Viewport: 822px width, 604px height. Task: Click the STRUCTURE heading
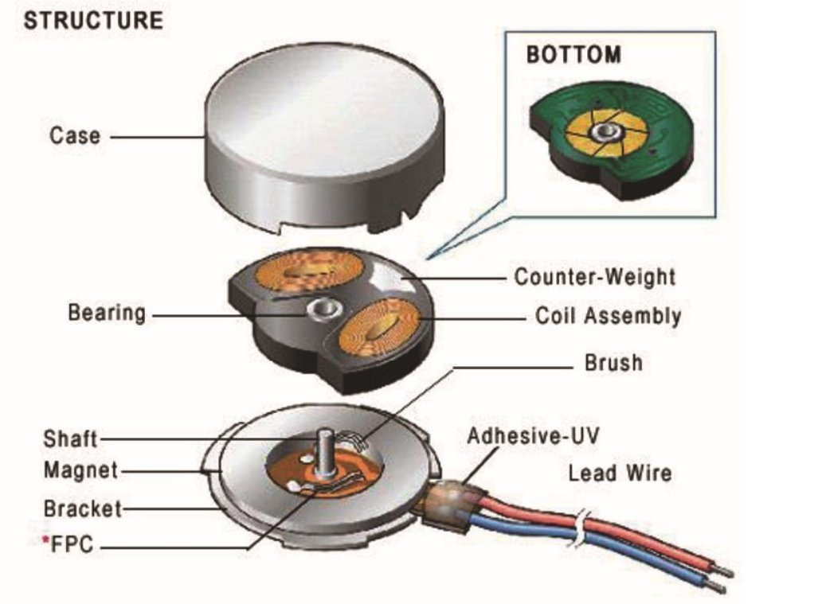[92, 20]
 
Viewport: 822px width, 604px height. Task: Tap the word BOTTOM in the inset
[573, 55]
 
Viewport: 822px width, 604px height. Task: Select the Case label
[75, 135]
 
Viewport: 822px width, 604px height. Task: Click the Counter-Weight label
[594, 277]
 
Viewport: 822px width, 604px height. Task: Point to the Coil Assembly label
[608, 316]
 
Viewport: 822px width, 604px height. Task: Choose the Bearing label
[107, 312]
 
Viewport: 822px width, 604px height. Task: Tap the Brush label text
[613, 363]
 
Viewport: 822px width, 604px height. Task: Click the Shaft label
[70, 438]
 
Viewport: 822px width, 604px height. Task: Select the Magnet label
[80, 470]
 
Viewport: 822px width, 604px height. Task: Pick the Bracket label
[82, 508]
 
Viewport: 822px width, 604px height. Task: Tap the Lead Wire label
[619, 473]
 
